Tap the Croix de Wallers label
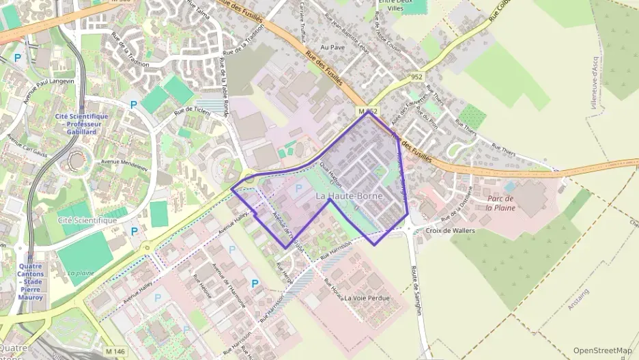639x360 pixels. (449, 231)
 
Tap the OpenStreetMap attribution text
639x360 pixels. (603, 350)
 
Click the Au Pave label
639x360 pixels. (332, 48)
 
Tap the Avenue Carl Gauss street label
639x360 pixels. (27, 145)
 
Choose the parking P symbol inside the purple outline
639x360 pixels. (298, 187)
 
